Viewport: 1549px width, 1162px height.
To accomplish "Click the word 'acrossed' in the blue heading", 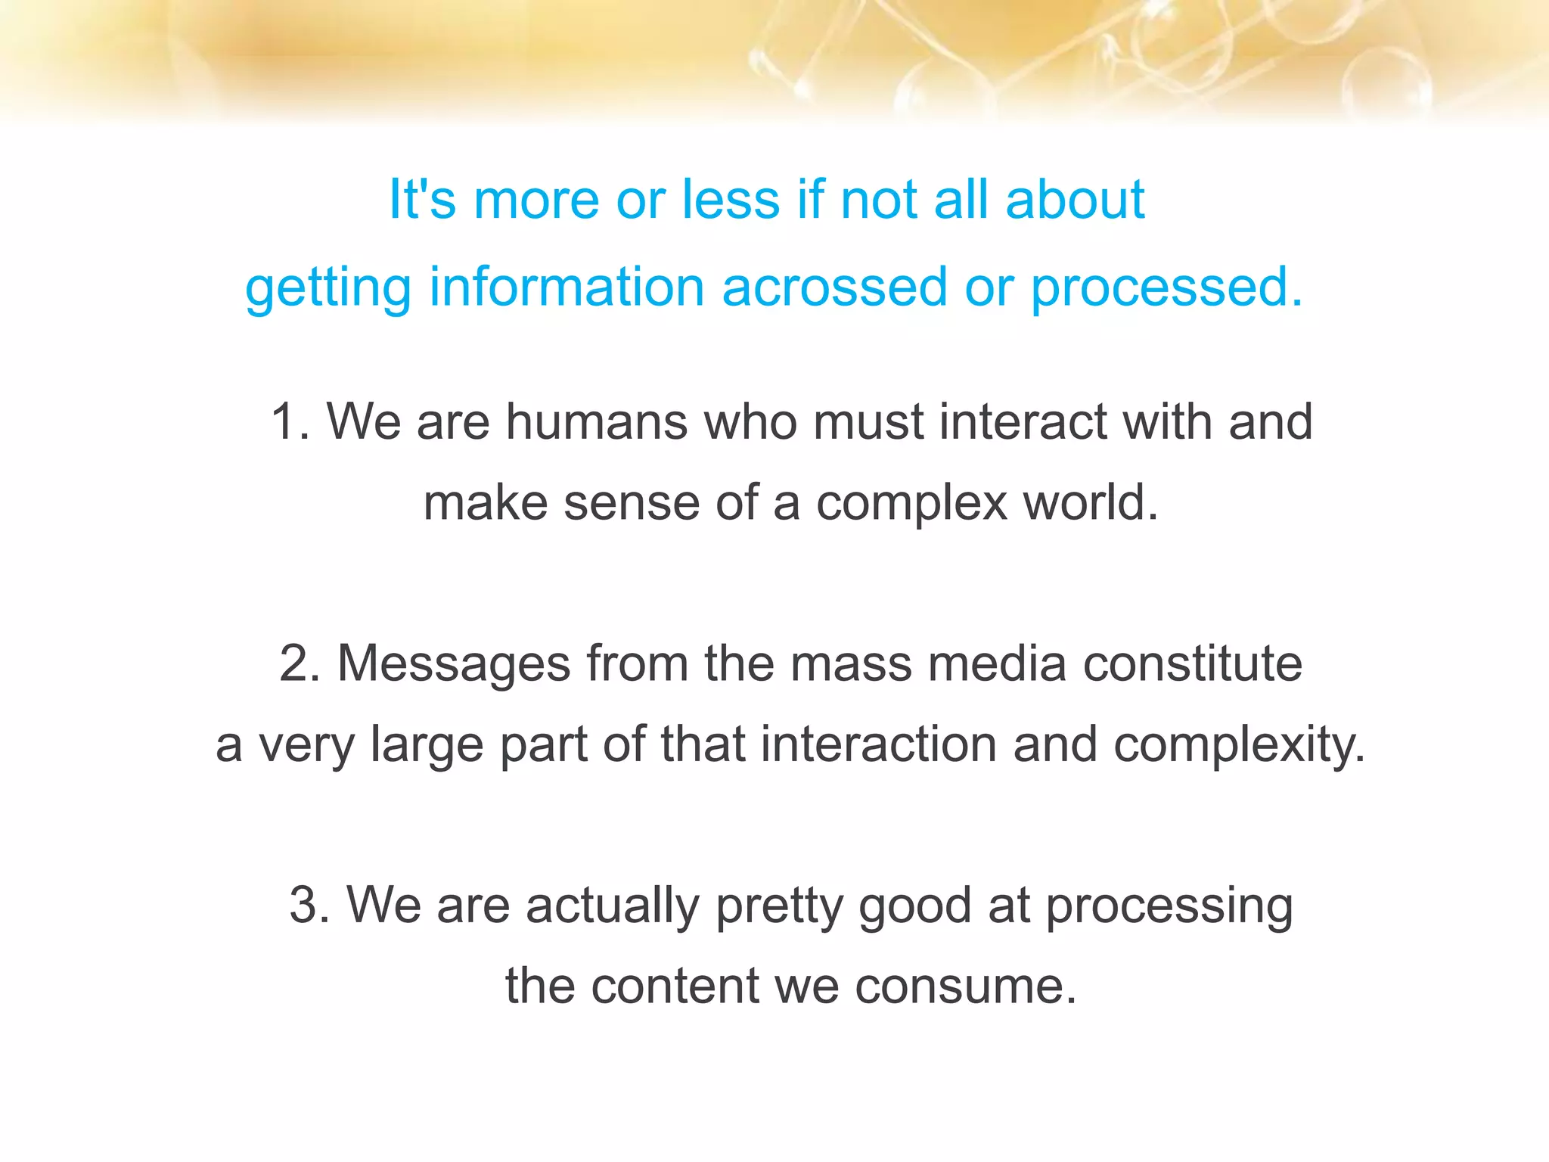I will [833, 287].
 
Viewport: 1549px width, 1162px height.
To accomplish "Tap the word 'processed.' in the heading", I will [1167, 287].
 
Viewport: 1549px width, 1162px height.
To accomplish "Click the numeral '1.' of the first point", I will [291, 421].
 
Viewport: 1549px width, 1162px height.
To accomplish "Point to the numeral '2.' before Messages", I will [300, 663].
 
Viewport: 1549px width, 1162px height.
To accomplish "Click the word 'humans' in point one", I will [597, 421].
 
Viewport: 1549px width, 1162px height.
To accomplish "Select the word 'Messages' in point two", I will [454, 663].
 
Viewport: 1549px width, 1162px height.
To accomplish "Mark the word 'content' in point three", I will [675, 986].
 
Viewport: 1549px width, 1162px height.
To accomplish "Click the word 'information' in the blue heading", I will [567, 287].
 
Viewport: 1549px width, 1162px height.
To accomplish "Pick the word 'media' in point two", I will [997, 663].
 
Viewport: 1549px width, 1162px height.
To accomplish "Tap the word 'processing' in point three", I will [1169, 906].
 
